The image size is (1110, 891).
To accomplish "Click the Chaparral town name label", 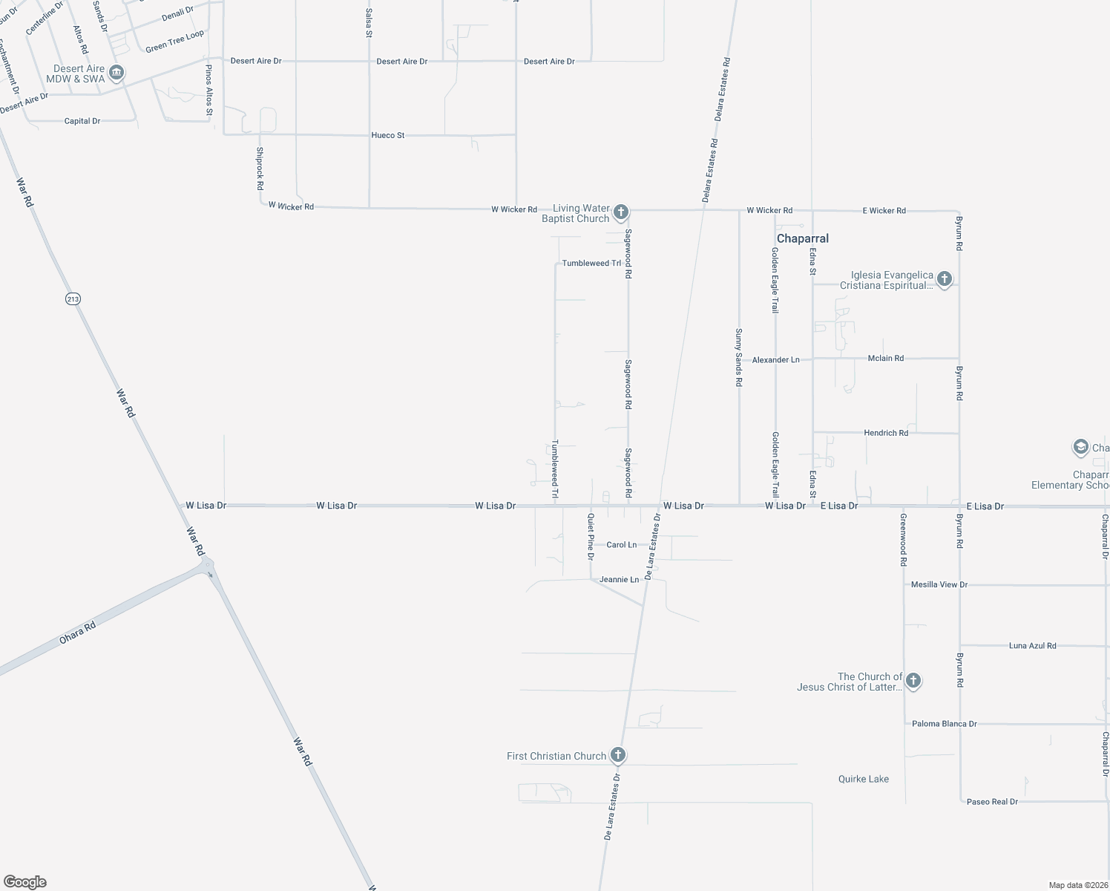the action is [x=802, y=238].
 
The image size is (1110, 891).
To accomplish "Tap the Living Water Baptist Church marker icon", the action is [x=621, y=212].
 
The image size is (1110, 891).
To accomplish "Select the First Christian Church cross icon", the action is [x=617, y=755].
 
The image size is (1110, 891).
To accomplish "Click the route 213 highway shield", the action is [x=72, y=298].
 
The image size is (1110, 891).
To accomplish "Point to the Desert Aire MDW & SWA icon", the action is [x=116, y=73].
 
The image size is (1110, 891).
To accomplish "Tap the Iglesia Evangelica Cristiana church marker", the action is [x=944, y=279].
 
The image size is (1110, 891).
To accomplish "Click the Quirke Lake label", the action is [x=863, y=779].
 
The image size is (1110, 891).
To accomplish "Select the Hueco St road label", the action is [x=388, y=135].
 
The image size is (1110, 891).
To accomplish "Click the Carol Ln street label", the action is [x=621, y=545].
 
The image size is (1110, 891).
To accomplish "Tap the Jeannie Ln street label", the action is [x=619, y=579].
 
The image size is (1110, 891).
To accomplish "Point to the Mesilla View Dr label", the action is [x=939, y=584].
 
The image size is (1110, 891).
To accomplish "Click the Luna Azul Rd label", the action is [x=1032, y=646].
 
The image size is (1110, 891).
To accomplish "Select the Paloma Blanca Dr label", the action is [x=944, y=723].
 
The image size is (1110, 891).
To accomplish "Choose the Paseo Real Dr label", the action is [x=992, y=802].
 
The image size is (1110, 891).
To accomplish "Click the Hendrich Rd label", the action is [x=886, y=433].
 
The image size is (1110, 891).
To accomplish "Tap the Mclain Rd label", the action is [x=885, y=358].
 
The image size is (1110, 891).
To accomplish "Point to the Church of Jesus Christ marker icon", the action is [x=913, y=680].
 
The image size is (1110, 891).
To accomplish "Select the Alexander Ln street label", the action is [x=775, y=359].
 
